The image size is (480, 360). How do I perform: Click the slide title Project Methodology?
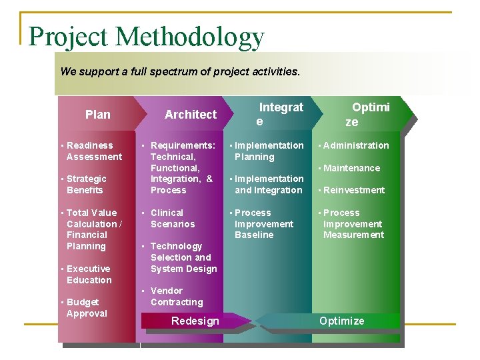(x=147, y=37)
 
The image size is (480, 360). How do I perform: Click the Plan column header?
(x=98, y=115)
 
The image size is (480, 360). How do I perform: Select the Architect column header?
(x=191, y=115)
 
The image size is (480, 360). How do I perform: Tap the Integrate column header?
(x=280, y=114)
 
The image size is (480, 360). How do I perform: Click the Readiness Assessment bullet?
(x=94, y=151)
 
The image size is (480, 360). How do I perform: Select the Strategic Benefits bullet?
(x=86, y=184)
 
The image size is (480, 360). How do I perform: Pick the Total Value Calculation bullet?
(x=94, y=229)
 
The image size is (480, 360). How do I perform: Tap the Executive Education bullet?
(x=89, y=274)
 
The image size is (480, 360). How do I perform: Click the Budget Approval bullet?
(x=87, y=307)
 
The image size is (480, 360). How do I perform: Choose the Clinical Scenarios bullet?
(x=173, y=218)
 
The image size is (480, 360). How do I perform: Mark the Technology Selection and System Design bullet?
(x=183, y=257)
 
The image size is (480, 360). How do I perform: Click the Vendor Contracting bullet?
(x=176, y=296)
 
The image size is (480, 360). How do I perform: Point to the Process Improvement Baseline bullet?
(x=263, y=223)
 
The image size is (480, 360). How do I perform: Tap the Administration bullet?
(x=356, y=145)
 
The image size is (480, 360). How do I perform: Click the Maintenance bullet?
(x=351, y=168)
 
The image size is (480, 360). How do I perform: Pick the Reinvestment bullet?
(x=354, y=190)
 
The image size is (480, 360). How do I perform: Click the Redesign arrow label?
(x=195, y=321)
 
